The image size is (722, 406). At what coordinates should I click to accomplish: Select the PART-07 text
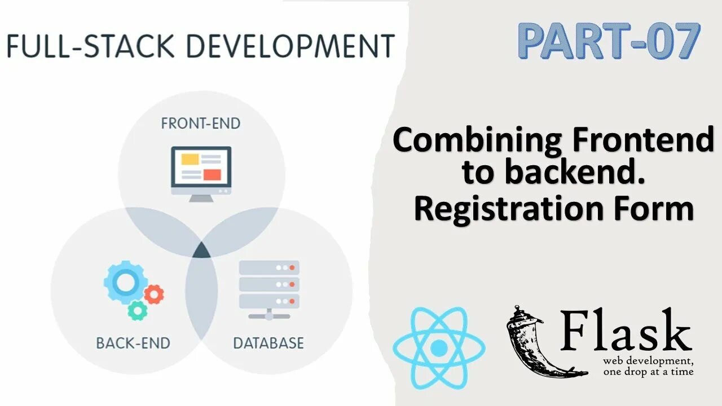click(x=609, y=41)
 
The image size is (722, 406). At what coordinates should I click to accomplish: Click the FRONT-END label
click(x=200, y=123)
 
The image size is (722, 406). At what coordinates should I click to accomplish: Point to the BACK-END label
click(x=133, y=342)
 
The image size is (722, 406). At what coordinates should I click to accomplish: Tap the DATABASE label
click(x=268, y=342)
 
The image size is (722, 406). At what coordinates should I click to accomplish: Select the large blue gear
click(x=125, y=282)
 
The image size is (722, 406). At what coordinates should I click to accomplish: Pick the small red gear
click(x=153, y=293)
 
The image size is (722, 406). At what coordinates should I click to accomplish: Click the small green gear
click(x=137, y=310)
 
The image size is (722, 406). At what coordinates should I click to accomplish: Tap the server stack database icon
click(x=269, y=287)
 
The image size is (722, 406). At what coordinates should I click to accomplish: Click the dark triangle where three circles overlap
click(x=201, y=250)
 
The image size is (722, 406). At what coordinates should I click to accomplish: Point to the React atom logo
click(x=438, y=348)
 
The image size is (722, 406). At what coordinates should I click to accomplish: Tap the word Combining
click(x=477, y=140)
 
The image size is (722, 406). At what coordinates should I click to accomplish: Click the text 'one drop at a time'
click(x=648, y=372)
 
